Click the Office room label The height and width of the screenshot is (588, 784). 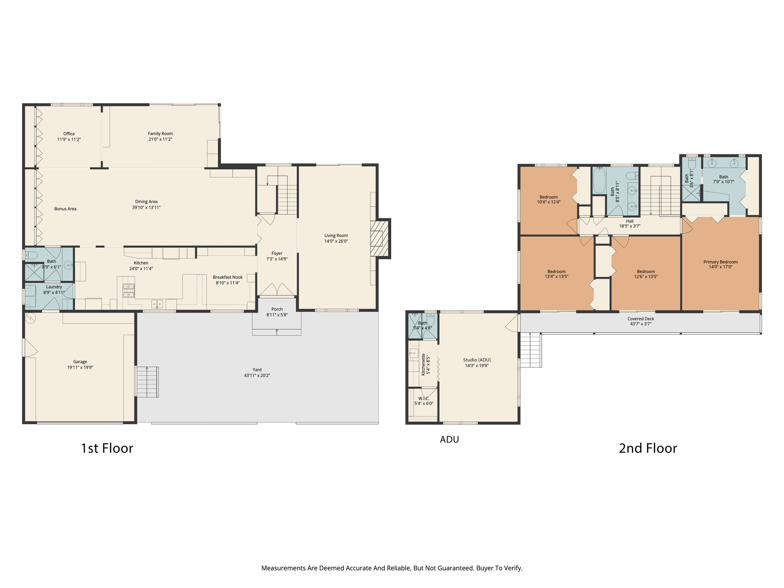[69, 134]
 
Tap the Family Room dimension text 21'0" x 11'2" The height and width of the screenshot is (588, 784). [160, 139]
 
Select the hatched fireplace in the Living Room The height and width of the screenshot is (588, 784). [379, 238]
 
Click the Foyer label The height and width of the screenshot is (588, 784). [277, 253]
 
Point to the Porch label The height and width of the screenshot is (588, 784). [277, 309]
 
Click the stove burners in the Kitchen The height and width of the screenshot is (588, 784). [128, 291]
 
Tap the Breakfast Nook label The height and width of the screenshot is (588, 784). [227, 277]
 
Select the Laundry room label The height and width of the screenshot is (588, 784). [54, 287]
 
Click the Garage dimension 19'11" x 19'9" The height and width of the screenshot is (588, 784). [80, 367]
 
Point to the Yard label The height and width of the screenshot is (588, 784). [257, 370]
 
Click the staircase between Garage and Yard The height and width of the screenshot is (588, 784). [147, 382]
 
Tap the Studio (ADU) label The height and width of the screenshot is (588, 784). [477, 360]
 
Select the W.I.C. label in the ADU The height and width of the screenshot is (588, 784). [423, 399]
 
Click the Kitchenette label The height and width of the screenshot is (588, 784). [423, 364]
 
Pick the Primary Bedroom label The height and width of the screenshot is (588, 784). [720, 262]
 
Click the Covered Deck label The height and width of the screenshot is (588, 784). [640, 319]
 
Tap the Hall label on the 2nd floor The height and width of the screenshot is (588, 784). [629, 221]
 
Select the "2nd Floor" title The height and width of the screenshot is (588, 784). [648, 448]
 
